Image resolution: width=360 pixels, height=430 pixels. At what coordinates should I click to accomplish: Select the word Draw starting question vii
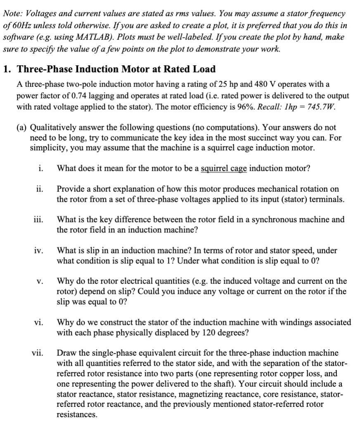[x=66, y=353]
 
